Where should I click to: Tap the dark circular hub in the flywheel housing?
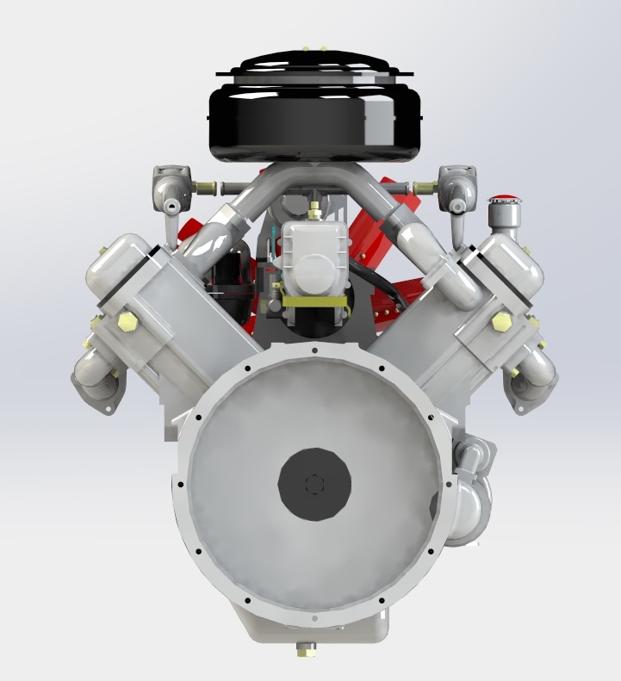pyautogui.click(x=314, y=484)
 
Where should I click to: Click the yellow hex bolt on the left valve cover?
pyautogui.click(x=127, y=322)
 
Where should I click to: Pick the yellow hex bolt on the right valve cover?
pyautogui.click(x=500, y=322)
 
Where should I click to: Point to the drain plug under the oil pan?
pyautogui.click(x=304, y=649)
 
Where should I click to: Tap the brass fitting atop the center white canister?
pyautogui.click(x=314, y=208)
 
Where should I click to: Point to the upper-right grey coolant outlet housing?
pyautogui.click(x=456, y=186)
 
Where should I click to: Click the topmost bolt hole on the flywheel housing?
pyautogui.click(x=316, y=351)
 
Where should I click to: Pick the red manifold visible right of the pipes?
pyautogui.click(x=406, y=207)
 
